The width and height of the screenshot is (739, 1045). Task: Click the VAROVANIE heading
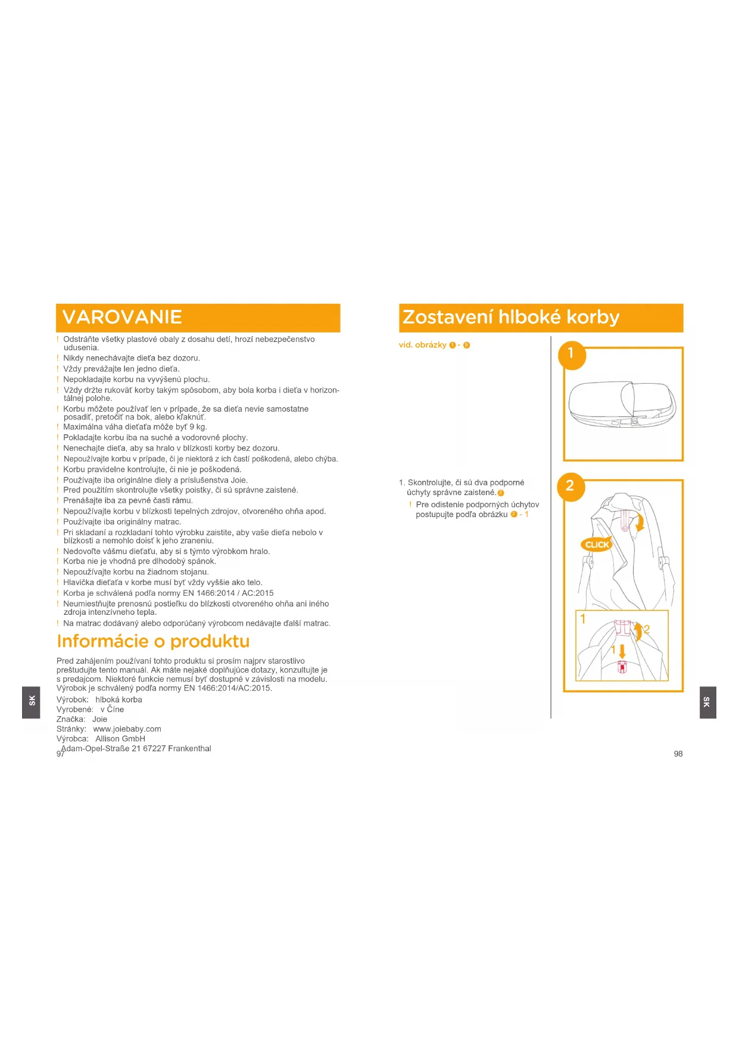click(x=122, y=318)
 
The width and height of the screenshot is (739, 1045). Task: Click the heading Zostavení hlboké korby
click(x=511, y=318)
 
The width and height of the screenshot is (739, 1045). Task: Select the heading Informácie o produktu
click(x=153, y=642)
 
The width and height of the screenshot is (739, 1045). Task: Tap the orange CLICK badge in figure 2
click(x=597, y=545)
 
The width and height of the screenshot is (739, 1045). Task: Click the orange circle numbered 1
click(x=571, y=354)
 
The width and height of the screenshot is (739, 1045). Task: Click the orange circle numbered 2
click(x=570, y=486)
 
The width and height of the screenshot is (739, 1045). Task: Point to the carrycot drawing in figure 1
click(x=622, y=405)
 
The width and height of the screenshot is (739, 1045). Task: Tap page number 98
click(x=678, y=754)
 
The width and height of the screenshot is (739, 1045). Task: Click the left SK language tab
click(x=32, y=701)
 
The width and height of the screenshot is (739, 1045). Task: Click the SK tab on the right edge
click(x=707, y=702)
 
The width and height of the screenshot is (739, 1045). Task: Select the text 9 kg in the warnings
click(x=198, y=427)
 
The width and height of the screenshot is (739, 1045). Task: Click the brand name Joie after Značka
click(x=99, y=720)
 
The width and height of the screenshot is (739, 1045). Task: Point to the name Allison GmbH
click(x=120, y=739)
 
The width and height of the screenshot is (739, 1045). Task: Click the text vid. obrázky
click(x=422, y=345)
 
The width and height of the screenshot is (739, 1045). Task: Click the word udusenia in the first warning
click(x=81, y=348)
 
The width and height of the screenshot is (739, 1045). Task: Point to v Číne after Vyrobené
click(x=112, y=710)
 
